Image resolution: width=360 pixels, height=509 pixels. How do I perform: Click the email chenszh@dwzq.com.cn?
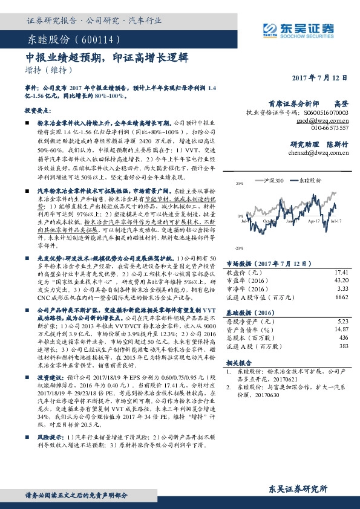coord(318,154)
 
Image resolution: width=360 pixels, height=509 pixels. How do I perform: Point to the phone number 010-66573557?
coord(330,128)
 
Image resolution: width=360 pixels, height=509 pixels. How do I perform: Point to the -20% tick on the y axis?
coord(240,248)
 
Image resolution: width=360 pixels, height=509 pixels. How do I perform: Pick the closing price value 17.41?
coord(342,273)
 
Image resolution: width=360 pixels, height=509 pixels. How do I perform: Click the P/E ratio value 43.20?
coord(342,281)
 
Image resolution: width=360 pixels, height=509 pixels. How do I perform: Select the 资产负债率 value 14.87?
coord(342,329)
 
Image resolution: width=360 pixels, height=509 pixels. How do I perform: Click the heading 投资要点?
coord(37,112)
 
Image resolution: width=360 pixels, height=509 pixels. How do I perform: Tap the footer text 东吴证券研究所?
coord(299,488)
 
